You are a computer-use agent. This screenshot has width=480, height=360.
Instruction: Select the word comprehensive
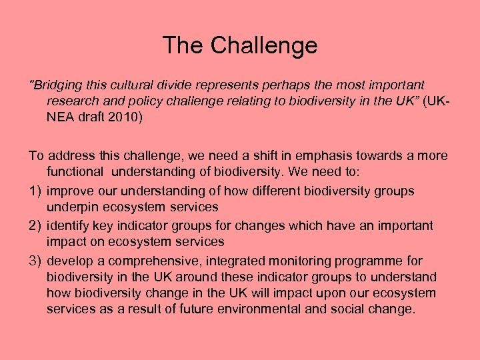tap(151, 261)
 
